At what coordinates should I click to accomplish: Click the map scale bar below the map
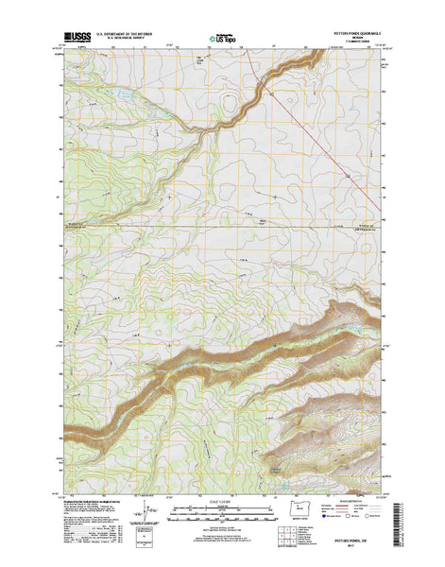pyautogui.click(x=222, y=507)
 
